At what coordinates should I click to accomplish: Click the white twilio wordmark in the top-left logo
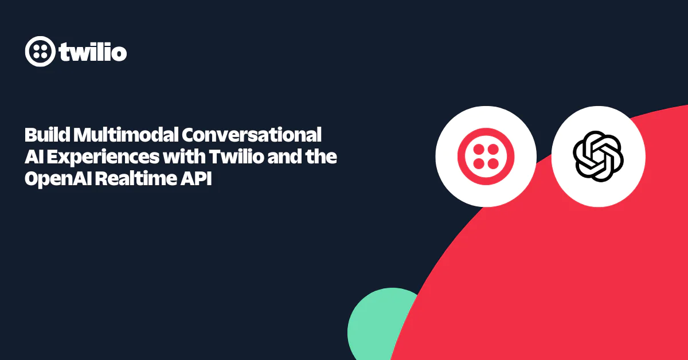93,52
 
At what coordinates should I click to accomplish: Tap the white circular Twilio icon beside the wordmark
40,52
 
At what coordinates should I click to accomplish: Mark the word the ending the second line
322,157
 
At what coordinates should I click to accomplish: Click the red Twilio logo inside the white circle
486,156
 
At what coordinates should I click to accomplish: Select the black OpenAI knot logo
598,156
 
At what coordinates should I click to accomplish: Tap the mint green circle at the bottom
378,327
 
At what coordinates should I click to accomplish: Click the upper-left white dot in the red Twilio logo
478,148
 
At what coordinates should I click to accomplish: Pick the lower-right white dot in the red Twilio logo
494,164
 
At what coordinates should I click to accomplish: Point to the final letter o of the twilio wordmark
119,53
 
